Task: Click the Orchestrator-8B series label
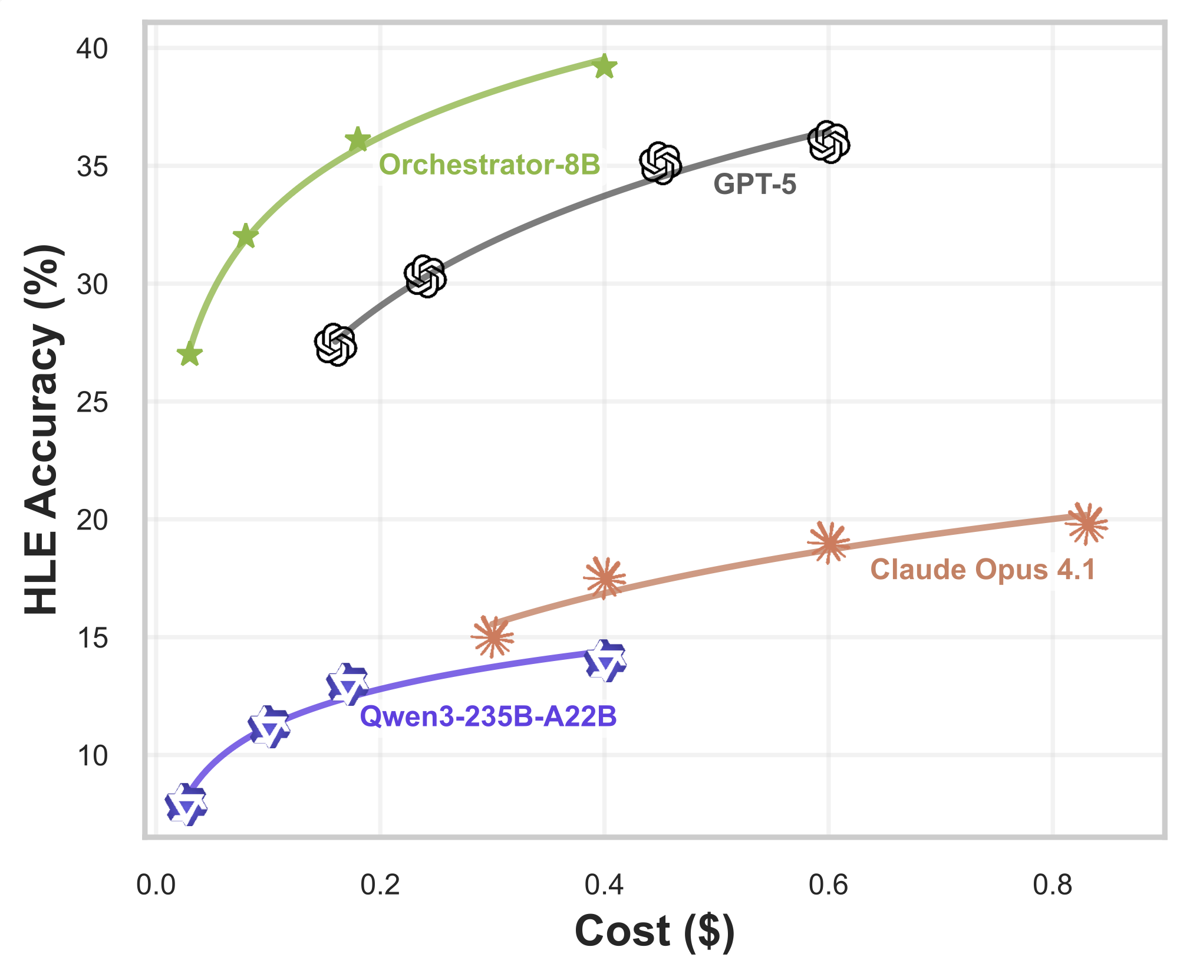(489, 165)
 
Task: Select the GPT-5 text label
(754, 185)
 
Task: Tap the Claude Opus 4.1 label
(983, 570)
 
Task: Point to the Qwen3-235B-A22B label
(488, 716)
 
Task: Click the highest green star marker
(604, 66)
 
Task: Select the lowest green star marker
(189, 354)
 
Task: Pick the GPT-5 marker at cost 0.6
(829, 142)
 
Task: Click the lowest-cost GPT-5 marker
(335, 344)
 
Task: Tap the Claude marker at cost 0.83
(1086, 523)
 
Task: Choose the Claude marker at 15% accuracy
(492, 636)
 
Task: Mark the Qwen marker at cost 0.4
(605, 661)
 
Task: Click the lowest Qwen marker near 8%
(186, 804)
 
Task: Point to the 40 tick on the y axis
(92, 49)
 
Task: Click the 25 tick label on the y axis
(92, 403)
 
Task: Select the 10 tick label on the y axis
(92, 756)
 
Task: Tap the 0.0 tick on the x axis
(156, 885)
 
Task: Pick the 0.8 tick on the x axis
(1052, 885)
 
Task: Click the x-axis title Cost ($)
(654, 931)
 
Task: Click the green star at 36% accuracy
(358, 140)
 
